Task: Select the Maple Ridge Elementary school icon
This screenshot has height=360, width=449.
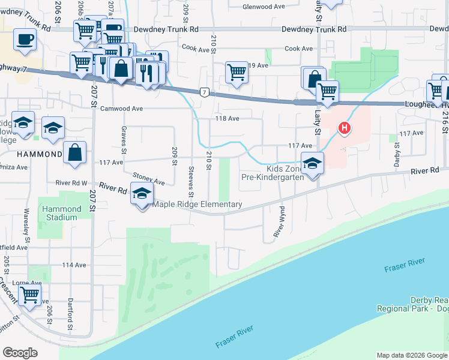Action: click(x=142, y=194)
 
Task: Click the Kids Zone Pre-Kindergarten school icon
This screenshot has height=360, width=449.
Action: click(x=312, y=163)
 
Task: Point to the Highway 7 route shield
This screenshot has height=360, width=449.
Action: click(x=205, y=92)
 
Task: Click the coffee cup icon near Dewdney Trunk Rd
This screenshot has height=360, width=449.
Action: click(x=25, y=40)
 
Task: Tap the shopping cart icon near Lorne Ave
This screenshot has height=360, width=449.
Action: click(x=30, y=295)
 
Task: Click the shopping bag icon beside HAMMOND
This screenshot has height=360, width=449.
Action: click(x=75, y=152)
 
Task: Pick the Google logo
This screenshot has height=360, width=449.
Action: click(x=20, y=353)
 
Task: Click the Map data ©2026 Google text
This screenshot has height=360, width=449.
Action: click(x=411, y=355)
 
